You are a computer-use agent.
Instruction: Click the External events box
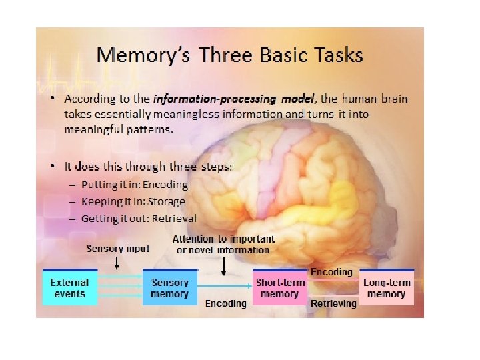click(70, 287)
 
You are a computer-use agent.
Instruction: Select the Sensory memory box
click(170, 287)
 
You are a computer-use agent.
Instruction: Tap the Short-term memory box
click(279, 287)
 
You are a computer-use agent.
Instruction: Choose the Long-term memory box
click(386, 287)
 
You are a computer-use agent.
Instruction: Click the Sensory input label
click(117, 249)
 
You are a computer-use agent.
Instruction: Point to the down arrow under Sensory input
click(117, 263)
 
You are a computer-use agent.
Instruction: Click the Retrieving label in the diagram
click(333, 303)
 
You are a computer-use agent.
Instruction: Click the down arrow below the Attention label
click(223, 266)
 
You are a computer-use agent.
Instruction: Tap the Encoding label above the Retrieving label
click(331, 272)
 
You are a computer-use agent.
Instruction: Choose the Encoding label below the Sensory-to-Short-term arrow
click(225, 303)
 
